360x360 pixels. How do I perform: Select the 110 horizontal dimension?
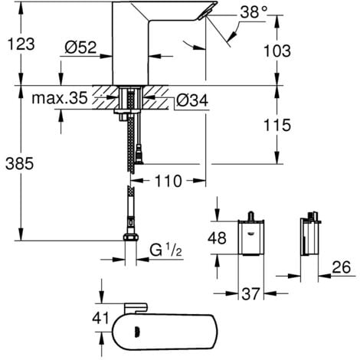point(166,182)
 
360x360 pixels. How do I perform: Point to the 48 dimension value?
point(219,238)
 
